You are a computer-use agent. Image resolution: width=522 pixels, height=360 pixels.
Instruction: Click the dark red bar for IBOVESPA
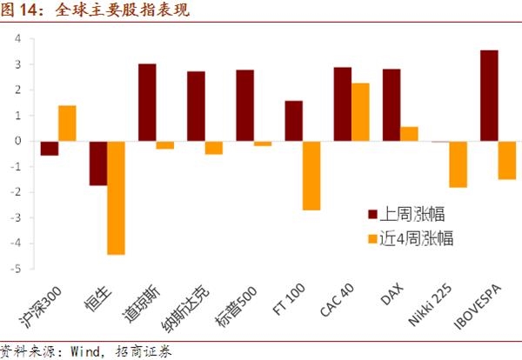(489, 96)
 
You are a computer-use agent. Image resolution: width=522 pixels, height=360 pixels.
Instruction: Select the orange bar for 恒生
(116, 198)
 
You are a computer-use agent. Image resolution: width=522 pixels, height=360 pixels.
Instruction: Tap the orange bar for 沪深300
(67, 123)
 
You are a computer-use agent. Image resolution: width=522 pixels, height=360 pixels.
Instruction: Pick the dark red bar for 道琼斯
(147, 103)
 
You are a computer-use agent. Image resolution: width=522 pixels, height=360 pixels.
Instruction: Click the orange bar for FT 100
(311, 176)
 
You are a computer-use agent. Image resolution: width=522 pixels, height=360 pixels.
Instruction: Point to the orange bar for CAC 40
(360, 112)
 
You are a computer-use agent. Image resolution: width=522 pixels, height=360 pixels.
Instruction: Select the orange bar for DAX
(409, 134)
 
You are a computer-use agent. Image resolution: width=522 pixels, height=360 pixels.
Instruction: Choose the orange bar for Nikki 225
(458, 164)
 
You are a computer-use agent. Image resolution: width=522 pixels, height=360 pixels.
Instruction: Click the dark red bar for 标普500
(245, 105)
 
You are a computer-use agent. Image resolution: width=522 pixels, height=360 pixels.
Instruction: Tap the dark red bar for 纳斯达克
(196, 106)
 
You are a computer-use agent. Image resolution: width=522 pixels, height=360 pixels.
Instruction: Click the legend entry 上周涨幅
(406, 214)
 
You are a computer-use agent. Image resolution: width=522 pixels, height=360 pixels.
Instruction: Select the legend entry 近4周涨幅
(411, 238)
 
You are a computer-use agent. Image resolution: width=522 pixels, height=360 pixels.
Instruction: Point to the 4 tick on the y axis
(17, 38)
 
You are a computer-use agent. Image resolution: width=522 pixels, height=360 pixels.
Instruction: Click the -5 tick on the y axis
(16, 269)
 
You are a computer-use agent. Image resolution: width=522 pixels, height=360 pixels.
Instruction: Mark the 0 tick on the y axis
(17, 141)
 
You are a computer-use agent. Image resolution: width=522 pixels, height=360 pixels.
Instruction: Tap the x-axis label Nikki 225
(430, 304)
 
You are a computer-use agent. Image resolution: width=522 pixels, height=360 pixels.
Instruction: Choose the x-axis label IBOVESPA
(478, 306)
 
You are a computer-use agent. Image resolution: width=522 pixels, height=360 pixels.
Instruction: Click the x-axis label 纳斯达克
(185, 309)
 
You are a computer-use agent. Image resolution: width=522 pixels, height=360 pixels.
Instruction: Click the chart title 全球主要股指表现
(123, 10)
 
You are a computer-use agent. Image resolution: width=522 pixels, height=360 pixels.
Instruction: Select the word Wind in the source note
(85, 351)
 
